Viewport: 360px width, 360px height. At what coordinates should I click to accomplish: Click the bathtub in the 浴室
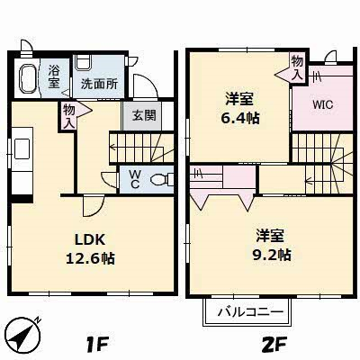(29, 78)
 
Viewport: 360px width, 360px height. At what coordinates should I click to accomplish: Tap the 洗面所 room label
(99, 85)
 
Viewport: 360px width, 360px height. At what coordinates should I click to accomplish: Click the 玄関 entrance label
(144, 115)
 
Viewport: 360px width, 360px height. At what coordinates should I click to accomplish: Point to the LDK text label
(90, 239)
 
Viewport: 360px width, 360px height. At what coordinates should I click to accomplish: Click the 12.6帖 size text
(90, 258)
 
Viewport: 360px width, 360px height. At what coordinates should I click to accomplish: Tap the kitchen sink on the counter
(22, 148)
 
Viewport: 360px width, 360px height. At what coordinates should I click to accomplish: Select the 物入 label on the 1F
(69, 117)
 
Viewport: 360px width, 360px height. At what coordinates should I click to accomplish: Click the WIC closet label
(322, 105)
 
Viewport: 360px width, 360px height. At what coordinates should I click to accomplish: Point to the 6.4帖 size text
(240, 118)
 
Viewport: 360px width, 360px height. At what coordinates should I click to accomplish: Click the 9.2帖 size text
(271, 255)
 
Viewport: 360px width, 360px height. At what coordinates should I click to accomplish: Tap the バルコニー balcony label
(250, 312)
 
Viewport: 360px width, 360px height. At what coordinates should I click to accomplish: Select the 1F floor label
(96, 345)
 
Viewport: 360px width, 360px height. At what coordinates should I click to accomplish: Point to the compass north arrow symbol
(23, 334)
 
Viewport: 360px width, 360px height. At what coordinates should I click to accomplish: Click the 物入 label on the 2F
(297, 68)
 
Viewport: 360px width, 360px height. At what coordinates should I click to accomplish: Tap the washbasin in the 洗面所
(83, 63)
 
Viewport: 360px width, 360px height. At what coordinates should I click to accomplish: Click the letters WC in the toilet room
(135, 179)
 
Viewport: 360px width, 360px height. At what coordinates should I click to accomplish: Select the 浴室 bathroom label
(54, 76)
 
